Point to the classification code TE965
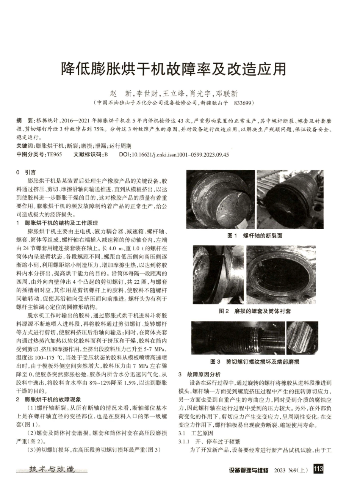pos(54,155)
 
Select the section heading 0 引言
pos(26,172)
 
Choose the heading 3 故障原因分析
pos(199,374)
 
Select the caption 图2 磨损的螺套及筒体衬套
pos(255,311)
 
